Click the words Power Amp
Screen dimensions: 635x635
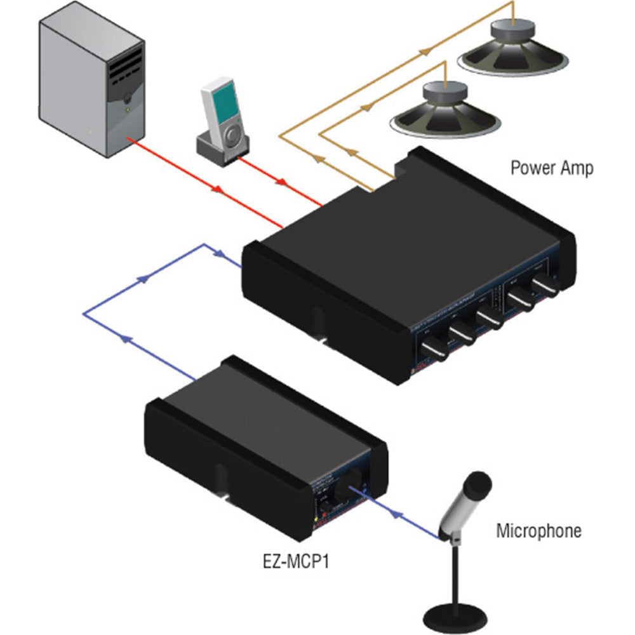tap(552, 168)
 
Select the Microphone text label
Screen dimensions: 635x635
tap(538, 531)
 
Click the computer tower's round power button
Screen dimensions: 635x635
tap(128, 97)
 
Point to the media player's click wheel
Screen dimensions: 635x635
tap(233, 135)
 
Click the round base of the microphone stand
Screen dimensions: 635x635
tap(455, 615)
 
